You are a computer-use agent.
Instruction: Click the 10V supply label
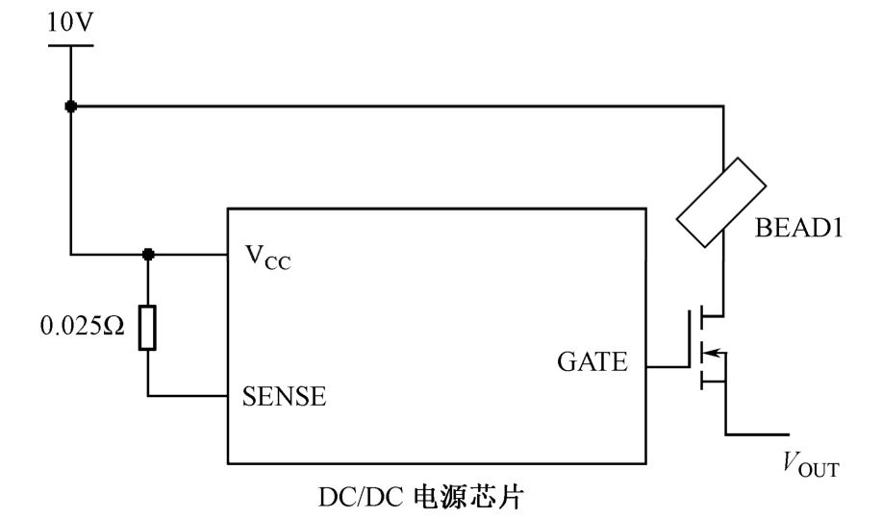pyautogui.click(x=70, y=20)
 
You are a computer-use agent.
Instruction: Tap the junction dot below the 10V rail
pyautogui.click(x=71, y=105)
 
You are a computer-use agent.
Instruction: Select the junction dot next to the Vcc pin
pyautogui.click(x=148, y=256)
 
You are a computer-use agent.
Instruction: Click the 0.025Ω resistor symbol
pyautogui.click(x=148, y=328)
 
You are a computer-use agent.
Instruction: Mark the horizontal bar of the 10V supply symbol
pyautogui.click(x=71, y=44)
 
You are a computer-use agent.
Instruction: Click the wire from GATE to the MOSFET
pyautogui.click(x=666, y=366)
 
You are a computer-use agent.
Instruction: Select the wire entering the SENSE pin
pyautogui.click(x=188, y=395)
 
